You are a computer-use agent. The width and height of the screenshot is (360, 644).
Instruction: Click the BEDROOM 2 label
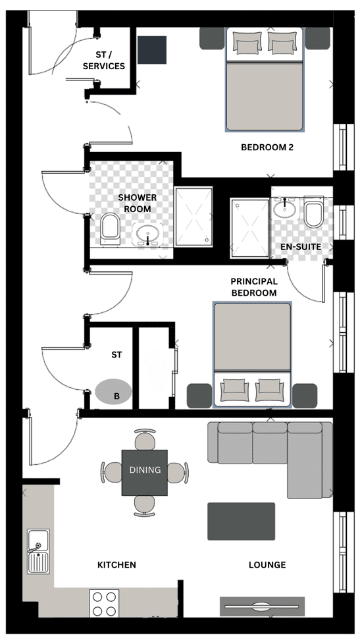coord(267,147)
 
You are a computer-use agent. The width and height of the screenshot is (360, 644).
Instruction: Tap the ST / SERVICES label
coord(104,61)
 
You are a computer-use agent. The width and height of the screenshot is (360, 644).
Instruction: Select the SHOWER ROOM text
coord(138,203)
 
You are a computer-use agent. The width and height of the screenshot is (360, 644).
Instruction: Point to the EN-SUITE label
coord(301,247)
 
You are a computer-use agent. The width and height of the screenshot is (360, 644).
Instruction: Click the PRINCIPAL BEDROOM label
coord(253,287)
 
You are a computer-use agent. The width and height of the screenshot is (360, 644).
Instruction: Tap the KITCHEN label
coord(116,565)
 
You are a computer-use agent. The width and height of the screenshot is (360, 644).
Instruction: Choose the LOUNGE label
coord(267,565)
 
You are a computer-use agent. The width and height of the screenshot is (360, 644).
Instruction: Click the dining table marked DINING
coord(145,473)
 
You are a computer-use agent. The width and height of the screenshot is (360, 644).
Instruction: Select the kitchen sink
coord(39,551)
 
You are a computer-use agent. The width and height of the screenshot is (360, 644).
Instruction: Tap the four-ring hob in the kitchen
coord(104,603)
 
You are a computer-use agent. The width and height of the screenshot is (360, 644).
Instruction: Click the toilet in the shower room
coord(111,228)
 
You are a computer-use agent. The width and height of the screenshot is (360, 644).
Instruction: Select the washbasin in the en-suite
coord(284,208)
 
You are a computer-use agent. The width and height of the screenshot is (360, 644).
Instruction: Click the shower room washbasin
coord(147,235)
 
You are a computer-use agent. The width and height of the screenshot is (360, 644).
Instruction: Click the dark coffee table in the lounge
coord(241,522)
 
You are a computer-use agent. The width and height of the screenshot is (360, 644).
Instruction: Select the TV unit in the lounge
coord(263,606)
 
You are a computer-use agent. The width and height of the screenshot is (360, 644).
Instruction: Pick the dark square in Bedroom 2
coord(152,49)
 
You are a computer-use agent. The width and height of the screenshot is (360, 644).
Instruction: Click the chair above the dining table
coord(145,439)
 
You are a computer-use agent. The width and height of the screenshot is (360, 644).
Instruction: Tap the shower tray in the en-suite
coord(249,228)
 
